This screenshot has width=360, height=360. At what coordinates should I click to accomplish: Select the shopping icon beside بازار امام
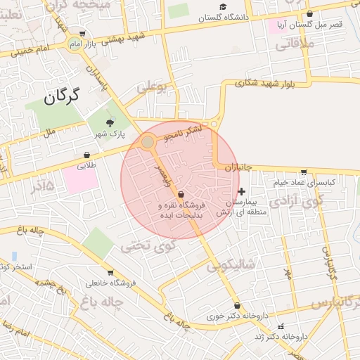pyautogui.click(x=82, y=33)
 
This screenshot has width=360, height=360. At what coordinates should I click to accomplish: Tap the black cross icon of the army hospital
pyautogui.click(x=242, y=191)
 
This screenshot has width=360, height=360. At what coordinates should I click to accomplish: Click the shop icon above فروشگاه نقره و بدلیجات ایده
pyautogui.click(x=181, y=193)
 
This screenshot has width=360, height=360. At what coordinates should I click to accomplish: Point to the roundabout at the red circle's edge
pyautogui.click(x=148, y=143)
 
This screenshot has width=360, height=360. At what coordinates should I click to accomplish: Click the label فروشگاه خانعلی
pyautogui.click(x=110, y=283)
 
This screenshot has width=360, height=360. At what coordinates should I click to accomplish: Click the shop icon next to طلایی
pyautogui.click(x=86, y=155)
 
